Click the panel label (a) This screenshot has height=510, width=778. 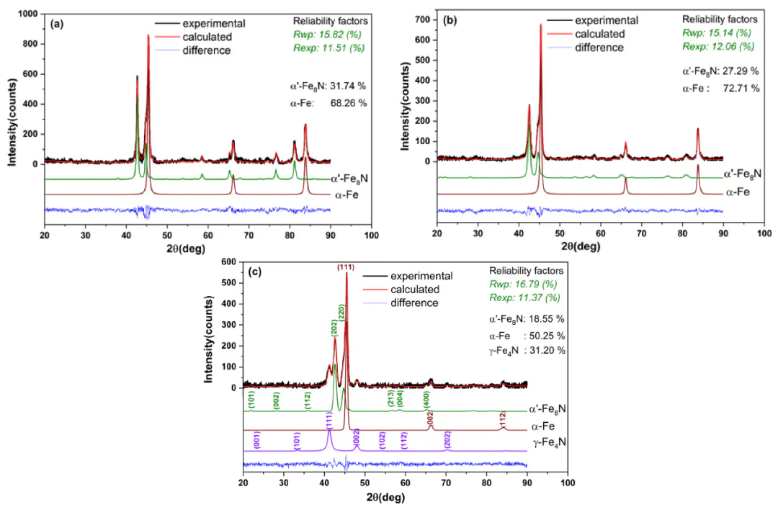point(55,23)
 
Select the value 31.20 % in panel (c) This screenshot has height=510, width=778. point(547,350)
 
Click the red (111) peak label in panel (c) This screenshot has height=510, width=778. point(346,267)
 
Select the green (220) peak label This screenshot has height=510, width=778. point(341,312)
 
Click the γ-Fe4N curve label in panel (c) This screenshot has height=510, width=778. point(549,441)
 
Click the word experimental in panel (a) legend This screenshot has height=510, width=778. point(214,23)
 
